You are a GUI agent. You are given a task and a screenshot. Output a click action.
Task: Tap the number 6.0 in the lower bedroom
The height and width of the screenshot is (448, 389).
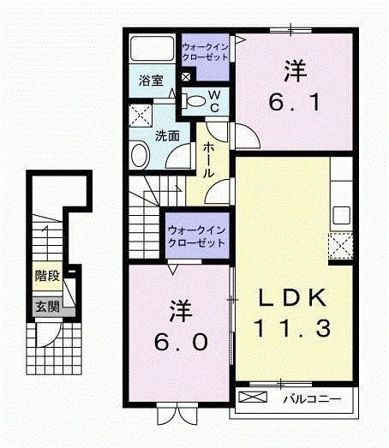pyautogui.click(x=181, y=342)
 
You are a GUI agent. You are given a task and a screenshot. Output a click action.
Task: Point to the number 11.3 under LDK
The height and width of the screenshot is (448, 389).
pyautogui.click(x=292, y=326)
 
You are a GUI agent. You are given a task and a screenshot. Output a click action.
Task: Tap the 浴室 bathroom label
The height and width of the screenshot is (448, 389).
pyautogui.click(x=151, y=81)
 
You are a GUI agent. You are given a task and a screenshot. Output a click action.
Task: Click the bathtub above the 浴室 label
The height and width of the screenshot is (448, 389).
pyautogui.click(x=152, y=49)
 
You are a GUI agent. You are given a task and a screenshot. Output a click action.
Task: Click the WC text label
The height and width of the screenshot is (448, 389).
pyautogui.click(x=215, y=99)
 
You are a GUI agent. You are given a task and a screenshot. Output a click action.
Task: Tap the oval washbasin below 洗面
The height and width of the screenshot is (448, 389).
pyautogui.click(x=139, y=155)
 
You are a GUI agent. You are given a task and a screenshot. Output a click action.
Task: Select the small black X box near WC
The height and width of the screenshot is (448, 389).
pyautogui.click(x=186, y=76)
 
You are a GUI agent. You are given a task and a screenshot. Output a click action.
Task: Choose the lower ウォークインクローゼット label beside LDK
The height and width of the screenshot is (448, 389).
pyautogui.click(x=197, y=236)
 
